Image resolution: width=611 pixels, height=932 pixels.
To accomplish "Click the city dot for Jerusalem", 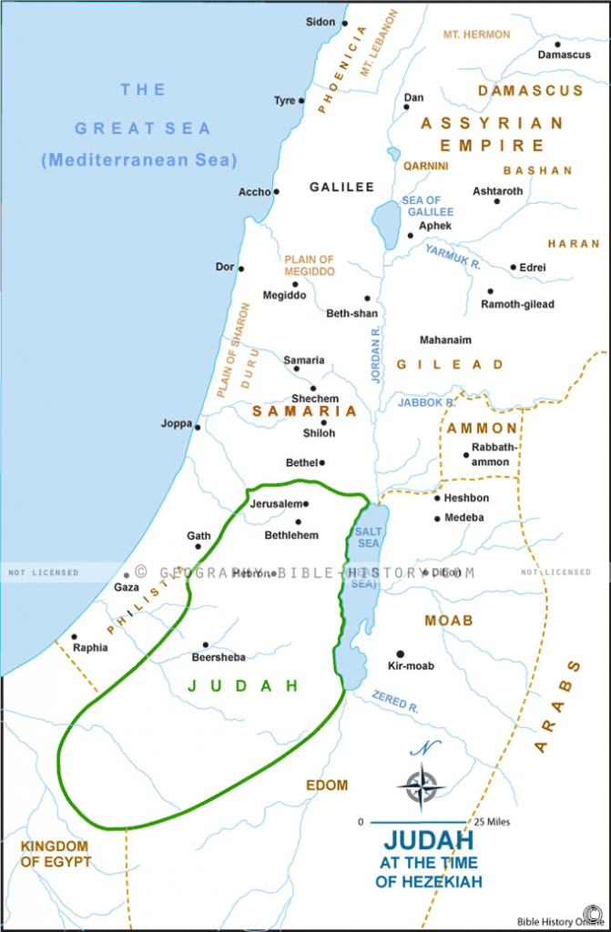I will coord(306,503).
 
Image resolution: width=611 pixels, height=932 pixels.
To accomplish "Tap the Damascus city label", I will coord(564,55).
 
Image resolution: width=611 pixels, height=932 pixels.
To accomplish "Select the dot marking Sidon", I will coord(345,23).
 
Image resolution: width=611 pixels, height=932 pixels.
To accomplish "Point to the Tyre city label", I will coord(284,101).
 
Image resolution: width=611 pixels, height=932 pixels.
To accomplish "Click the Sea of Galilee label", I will coord(421,206).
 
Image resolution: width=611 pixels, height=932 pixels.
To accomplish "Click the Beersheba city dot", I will coord(206,644).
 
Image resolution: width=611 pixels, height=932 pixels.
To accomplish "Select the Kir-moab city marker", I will coord(400,653).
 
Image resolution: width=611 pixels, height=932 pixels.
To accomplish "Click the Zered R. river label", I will coord(395,702).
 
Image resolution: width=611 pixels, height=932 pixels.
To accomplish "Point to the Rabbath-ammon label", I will coord(491,454).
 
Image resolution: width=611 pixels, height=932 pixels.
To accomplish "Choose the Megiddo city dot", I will coord(295,284).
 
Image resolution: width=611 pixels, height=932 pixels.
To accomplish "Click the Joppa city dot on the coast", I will coord(198,426).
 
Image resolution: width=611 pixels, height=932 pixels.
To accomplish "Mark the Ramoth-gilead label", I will coord(517,304).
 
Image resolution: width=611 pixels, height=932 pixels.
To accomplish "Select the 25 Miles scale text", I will coord(492,822).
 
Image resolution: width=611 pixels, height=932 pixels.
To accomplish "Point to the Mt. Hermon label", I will coord(476,35).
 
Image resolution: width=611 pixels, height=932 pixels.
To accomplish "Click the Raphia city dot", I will coord(75,637).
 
